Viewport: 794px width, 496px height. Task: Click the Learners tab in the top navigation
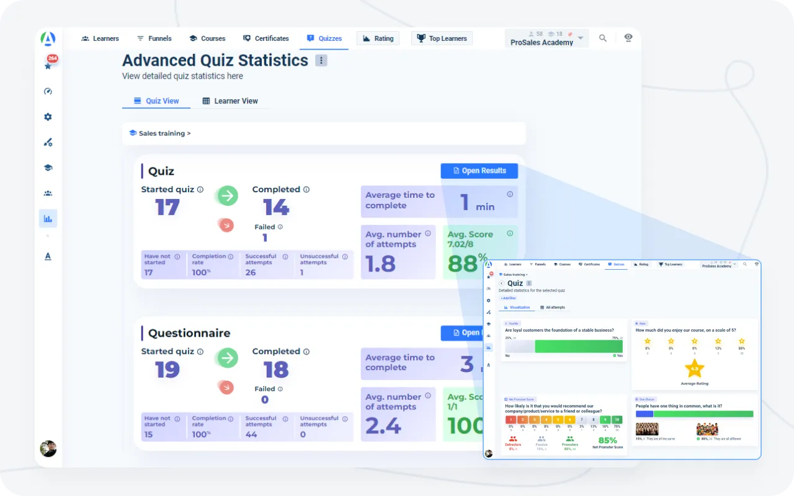[100, 38]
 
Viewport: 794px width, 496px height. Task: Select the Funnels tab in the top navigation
[154, 38]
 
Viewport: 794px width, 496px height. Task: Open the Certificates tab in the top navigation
[265, 38]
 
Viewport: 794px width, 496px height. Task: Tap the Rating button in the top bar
[378, 38]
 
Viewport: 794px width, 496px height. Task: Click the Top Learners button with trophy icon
[442, 38]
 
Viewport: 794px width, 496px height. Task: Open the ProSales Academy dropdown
[546, 38]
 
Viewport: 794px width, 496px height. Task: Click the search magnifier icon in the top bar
[603, 38]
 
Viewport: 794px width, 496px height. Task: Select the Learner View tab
[230, 101]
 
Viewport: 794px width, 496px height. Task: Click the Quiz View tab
[156, 101]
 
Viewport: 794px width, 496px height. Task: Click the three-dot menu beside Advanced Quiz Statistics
[321, 60]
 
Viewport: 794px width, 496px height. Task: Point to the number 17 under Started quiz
[167, 207]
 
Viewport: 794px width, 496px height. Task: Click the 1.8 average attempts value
[380, 264]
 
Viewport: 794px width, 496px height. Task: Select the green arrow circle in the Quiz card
[228, 197]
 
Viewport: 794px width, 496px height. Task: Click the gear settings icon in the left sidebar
[48, 117]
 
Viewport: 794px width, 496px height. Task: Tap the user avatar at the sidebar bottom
[48, 448]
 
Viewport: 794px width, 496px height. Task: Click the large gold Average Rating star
[695, 368]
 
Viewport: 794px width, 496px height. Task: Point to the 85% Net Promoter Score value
[607, 441]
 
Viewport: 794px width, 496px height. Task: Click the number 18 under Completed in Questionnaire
[276, 370]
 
